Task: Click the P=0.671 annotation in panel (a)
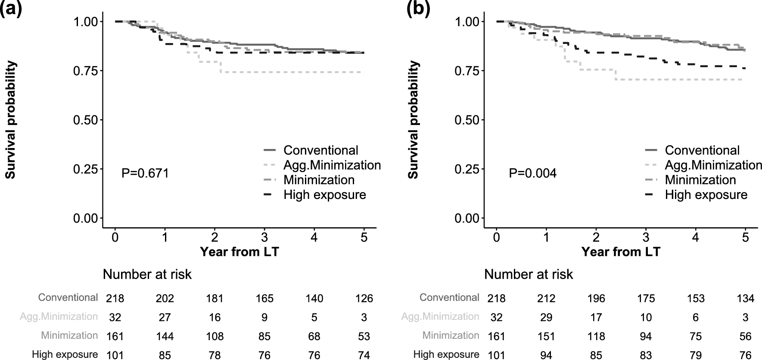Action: coord(145,173)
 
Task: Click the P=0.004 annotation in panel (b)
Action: coord(532,173)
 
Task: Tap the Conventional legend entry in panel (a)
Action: coord(320,150)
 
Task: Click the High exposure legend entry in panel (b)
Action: coord(706,195)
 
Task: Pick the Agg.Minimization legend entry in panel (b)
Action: coord(713,165)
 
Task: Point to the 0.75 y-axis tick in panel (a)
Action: coord(85,71)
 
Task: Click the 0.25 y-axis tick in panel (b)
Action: coord(467,169)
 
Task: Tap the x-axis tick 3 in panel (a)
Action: coord(264,237)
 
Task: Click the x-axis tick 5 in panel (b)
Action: coord(745,237)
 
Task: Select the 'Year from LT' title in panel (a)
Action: coord(239,251)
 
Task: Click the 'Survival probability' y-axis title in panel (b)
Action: coord(413,120)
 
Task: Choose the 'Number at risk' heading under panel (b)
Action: coord(529,274)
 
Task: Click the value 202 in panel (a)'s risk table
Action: coord(165,298)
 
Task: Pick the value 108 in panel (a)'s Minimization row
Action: coord(215,336)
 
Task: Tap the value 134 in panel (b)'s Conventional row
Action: coord(745,298)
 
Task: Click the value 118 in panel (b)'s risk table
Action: coord(596,336)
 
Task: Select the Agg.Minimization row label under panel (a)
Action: coord(59,317)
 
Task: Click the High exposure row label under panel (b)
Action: coord(446,354)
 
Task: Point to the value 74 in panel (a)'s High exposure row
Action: coord(364,355)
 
